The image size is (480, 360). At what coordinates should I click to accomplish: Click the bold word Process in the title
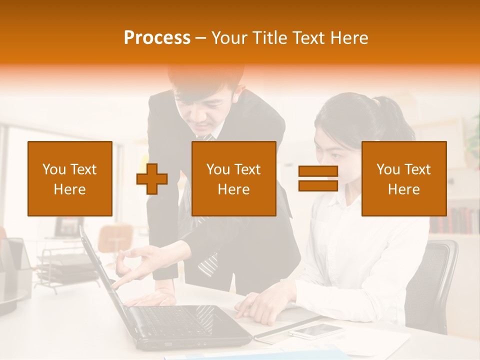click(x=157, y=38)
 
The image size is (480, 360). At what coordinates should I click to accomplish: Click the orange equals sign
click(x=318, y=178)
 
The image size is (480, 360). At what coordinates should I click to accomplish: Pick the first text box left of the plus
click(x=70, y=178)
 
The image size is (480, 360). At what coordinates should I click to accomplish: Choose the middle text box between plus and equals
click(x=233, y=178)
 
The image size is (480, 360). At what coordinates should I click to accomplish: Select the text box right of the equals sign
click(x=403, y=178)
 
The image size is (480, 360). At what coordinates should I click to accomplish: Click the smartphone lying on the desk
click(x=316, y=330)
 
